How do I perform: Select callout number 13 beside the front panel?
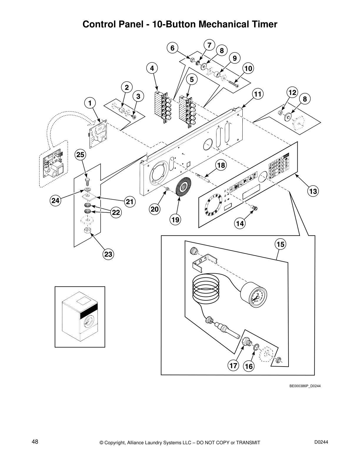pos(313,192)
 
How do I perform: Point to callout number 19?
pos(176,219)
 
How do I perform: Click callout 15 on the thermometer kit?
pos(280,244)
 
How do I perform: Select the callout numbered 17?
pos(233,366)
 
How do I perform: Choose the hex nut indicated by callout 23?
pos(87,230)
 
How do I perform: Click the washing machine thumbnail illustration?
pos(80,317)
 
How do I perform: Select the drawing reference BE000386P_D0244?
pos(305,386)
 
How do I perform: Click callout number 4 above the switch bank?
pos(152,69)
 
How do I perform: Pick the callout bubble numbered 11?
pos(258,94)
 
